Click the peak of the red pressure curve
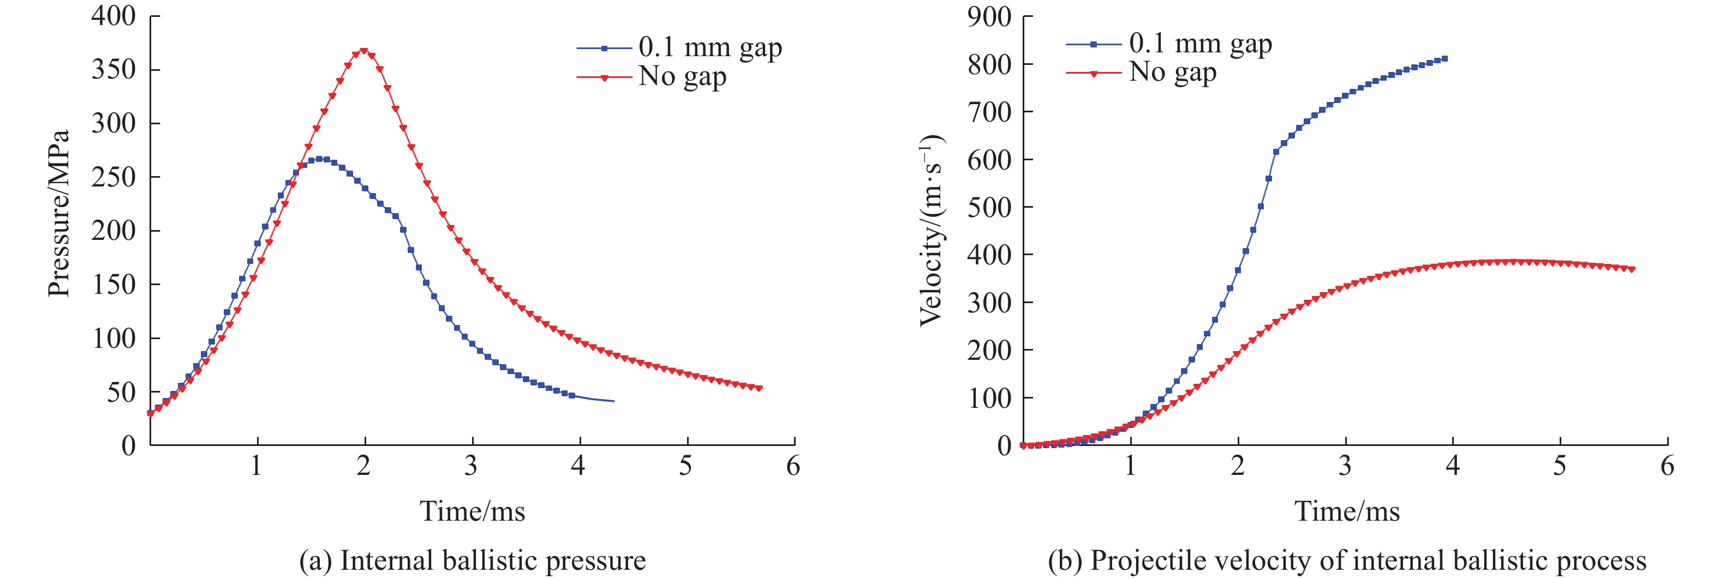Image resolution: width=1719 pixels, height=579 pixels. [x=363, y=50]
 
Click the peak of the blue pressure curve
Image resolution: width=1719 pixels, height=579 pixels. [x=320, y=159]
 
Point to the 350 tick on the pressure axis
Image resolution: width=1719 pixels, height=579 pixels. [x=114, y=69]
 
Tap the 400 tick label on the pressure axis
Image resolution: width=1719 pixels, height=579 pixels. [x=114, y=15]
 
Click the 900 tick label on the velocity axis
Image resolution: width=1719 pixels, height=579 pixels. [x=989, y=16]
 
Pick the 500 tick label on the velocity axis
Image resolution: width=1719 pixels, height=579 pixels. [x=989, y=207]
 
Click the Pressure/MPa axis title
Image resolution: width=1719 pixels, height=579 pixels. [x=59, y=214]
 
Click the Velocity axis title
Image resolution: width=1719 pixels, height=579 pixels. [x=931, y=231]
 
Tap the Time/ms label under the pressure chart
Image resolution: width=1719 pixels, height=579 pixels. [x=472, y=511]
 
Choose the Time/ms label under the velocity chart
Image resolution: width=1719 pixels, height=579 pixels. [x=1347, y=511]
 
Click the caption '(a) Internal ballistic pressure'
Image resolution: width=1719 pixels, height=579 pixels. [x=473, y=560]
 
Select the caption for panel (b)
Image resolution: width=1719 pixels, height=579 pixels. [x=1347, y=560]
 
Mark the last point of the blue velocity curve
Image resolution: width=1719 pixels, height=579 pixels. [x=1445, y=59]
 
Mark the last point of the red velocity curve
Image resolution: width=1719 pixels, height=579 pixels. [x=1632, y=269]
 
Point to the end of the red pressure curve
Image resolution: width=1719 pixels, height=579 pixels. [x=760, y=388]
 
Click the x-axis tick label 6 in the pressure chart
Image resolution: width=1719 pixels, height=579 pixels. [x=793, y=466]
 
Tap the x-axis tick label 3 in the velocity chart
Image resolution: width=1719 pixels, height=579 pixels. [x=1345, y=466]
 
